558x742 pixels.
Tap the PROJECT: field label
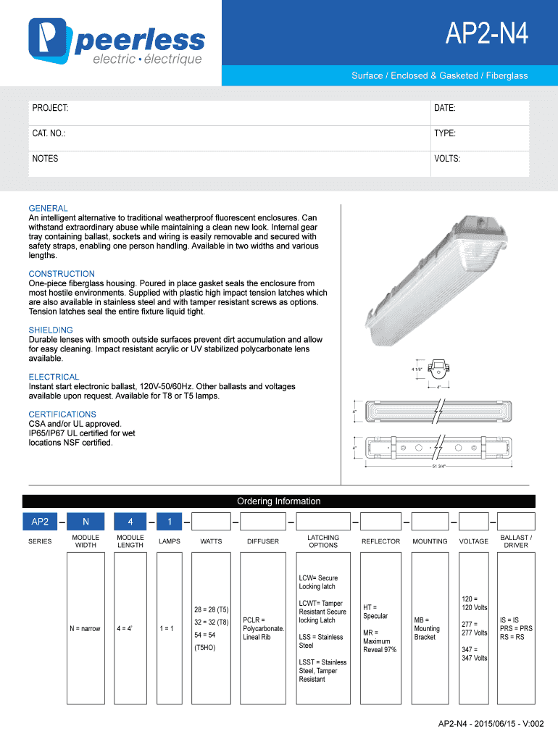point(50,108)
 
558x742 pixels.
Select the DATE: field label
point(444,108)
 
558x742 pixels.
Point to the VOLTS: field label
point(447,159)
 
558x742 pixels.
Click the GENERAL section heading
point(49,208)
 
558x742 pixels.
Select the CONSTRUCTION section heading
point(62,274)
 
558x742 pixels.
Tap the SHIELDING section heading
point(51,330)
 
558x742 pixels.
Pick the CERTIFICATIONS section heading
point(62,414)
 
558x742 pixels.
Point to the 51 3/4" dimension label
point(439,466)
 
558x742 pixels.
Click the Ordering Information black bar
point(279,501)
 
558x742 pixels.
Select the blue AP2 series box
point(40,522)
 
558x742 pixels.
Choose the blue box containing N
point(86,522)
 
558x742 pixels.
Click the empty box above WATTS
point(211,522)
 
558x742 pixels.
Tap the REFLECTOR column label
point(380,541)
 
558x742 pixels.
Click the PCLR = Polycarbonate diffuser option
point(263,628)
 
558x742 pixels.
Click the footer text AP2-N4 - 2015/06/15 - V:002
point(489,724)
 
